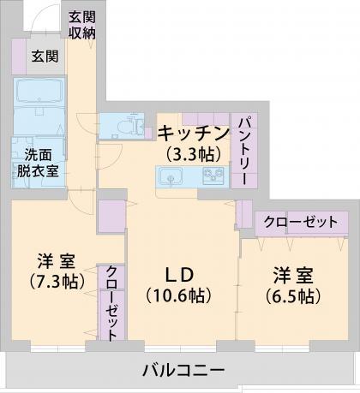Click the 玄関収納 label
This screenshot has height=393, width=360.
tap(82, 24)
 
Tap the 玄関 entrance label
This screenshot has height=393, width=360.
tap(45, 57)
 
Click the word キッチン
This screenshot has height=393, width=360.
tap(194, 133)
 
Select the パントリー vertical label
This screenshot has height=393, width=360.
tap(244, 150)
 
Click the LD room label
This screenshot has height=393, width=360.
tap(179, 274)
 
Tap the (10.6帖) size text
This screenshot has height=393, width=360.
tap(179, 295)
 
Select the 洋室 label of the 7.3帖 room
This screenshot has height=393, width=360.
tap(57, 260)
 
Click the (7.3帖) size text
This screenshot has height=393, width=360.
tap(57, 281)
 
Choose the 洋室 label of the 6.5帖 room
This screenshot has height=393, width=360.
tap(292, 276)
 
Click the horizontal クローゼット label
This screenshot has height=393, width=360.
tap(300, 222)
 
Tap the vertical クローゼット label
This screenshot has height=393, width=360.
tap(111, 302)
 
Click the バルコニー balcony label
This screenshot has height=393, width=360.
tap(182, 371)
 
